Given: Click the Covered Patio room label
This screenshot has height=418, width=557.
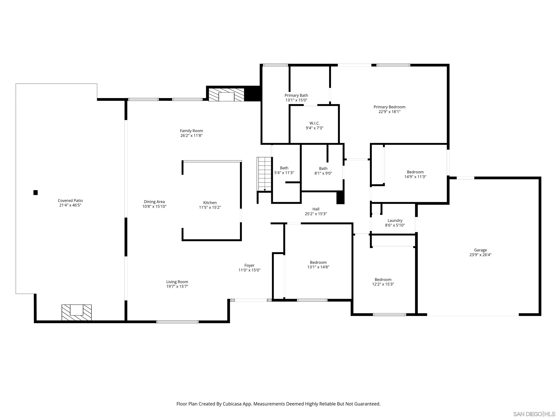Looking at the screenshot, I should (x=70, y=200).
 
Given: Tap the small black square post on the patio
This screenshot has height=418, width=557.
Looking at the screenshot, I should (x=36, y=192).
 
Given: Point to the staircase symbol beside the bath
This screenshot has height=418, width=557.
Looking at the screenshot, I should (x=264, y=174).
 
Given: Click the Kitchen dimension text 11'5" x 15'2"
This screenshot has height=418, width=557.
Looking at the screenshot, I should (x=210, y=207).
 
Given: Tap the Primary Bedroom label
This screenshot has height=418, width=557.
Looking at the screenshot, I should (x=389, y=107).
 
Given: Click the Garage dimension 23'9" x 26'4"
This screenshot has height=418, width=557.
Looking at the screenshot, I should (x=480, y=255).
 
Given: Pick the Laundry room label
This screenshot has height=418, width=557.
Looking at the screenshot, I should (x=395, y=220).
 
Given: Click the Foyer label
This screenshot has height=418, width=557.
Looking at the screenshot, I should (x=249, y=265).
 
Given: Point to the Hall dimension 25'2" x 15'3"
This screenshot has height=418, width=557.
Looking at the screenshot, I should (x=316, y=214).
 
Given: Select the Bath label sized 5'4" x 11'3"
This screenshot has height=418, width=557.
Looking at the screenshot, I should (x=284, y=168).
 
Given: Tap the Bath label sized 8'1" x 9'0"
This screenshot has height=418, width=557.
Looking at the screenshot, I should (x=323, y=169).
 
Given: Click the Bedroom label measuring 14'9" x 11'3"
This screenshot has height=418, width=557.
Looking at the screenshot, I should (x=415, y=172).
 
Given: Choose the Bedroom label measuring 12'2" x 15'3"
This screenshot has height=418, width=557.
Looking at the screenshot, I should (x=383, y=279).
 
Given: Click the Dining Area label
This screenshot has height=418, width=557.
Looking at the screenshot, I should (x=154, y=202).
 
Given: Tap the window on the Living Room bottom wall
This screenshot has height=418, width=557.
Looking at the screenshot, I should (x=177, y=322).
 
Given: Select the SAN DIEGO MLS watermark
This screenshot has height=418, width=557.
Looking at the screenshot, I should (x=534, y=414).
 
